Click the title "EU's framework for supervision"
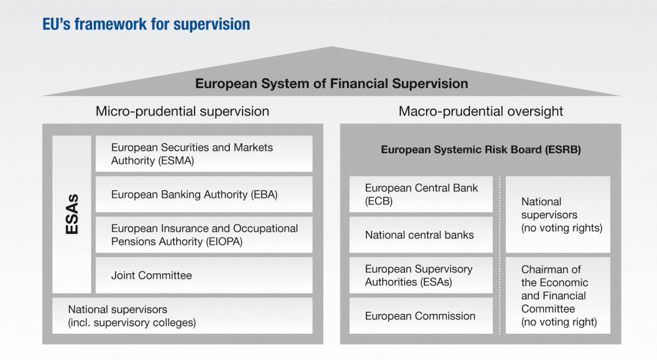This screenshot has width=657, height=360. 147,24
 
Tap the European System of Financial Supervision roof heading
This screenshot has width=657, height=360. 331,83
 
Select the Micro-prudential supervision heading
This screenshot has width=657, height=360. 182,112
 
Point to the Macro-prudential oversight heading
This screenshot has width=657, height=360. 481,112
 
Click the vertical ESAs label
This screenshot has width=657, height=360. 72,214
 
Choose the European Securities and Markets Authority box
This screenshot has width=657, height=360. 204,154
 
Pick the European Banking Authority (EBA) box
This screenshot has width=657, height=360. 204,194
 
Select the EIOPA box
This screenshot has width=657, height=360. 204,235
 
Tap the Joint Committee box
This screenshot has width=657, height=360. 204,275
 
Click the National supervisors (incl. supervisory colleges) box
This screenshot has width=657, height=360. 182,315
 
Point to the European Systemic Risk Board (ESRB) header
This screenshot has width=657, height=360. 481,150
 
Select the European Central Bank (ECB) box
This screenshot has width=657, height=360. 421,194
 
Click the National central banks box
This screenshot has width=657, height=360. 421,235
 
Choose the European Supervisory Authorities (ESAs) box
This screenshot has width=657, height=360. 421,275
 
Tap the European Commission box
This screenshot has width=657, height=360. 421,315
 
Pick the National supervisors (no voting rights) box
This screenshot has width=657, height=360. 558,215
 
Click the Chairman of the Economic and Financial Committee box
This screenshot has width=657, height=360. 558,296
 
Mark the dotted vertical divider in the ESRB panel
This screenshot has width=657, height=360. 499,255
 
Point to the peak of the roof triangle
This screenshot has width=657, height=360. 331,47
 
